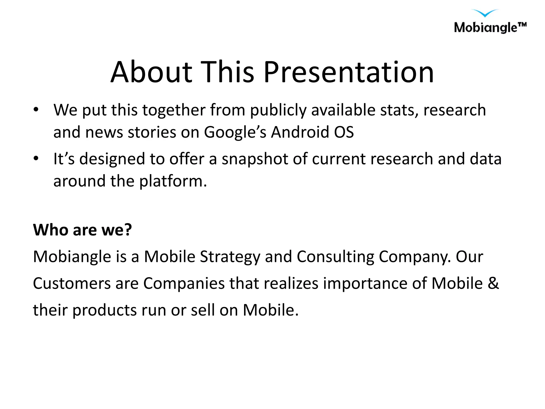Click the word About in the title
tap(151, 72)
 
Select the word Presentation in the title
tap(349, 72)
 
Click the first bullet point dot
tap(36, 110)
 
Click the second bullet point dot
tap(36, 159)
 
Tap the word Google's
tap(235, 132)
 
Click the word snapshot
tap(255, 159)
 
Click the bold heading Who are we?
tap(82, 230)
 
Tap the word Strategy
tap(230, 257)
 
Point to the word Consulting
tap(335, 257)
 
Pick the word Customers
tap(72, 283)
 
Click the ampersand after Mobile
tap(493, 283)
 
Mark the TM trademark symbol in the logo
tap(522, 24)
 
